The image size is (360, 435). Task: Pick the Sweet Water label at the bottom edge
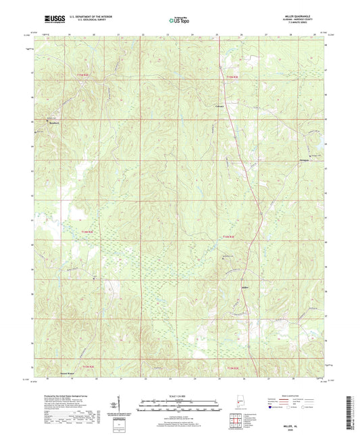point(68,373)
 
